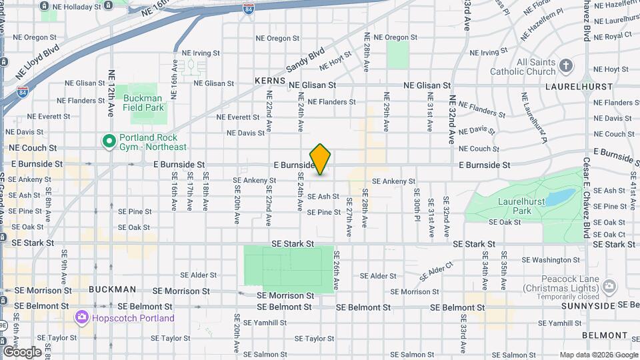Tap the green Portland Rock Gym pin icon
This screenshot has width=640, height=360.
pyautogui.click(x=107, y=141)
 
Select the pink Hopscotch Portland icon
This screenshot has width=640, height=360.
pyautogui.click(x=83, y=318)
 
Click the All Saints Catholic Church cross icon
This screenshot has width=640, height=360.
pyautogui.click(x=566, y=65)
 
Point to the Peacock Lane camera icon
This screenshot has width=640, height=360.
pyautogui.click(x=609, y=287)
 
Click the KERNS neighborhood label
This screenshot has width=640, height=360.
pyautogui.click(x=269, y=81)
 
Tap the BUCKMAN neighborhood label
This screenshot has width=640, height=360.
pyautogui.click(x=112, y=290)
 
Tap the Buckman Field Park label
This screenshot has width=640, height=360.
pyautogui.click(x=143, y=102)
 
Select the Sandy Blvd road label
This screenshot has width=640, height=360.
pyautogui.click(x=305, y=59)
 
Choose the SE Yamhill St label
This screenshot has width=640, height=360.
pyautogui.click(x=266, y=322)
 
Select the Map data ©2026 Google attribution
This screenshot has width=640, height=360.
pyautogui.click(x=598, y=355)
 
